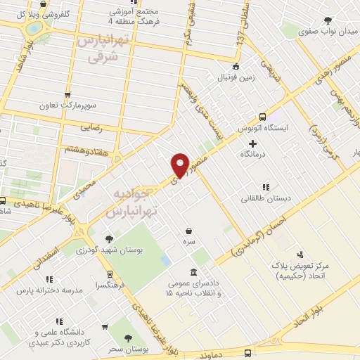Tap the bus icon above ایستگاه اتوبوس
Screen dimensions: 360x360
262,117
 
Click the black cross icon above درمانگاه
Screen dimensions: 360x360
252,143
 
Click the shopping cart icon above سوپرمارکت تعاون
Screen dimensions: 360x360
67,95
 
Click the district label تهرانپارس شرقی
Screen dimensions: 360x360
101,49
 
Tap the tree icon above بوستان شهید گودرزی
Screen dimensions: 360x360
108,239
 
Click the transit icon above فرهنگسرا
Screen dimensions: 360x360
110,274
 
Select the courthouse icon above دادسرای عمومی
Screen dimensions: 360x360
194,272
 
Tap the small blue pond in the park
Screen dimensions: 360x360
166,260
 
